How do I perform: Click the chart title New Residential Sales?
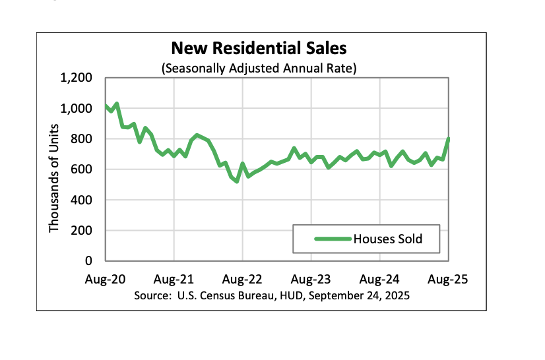[259, 48]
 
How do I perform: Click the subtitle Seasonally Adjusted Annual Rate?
[259, 68]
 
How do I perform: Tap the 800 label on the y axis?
[82, 139]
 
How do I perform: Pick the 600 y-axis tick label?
[82, 169]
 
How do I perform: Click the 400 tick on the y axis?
[82, 200]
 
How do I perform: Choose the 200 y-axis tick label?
[82, 231]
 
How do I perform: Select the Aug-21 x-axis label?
[174, 279]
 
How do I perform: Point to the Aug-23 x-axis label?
[311, 279]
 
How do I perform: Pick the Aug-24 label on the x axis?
[379, 279]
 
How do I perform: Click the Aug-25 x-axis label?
[448, 279]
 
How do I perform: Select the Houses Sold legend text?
[387, 239]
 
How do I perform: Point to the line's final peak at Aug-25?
[449, 139]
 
